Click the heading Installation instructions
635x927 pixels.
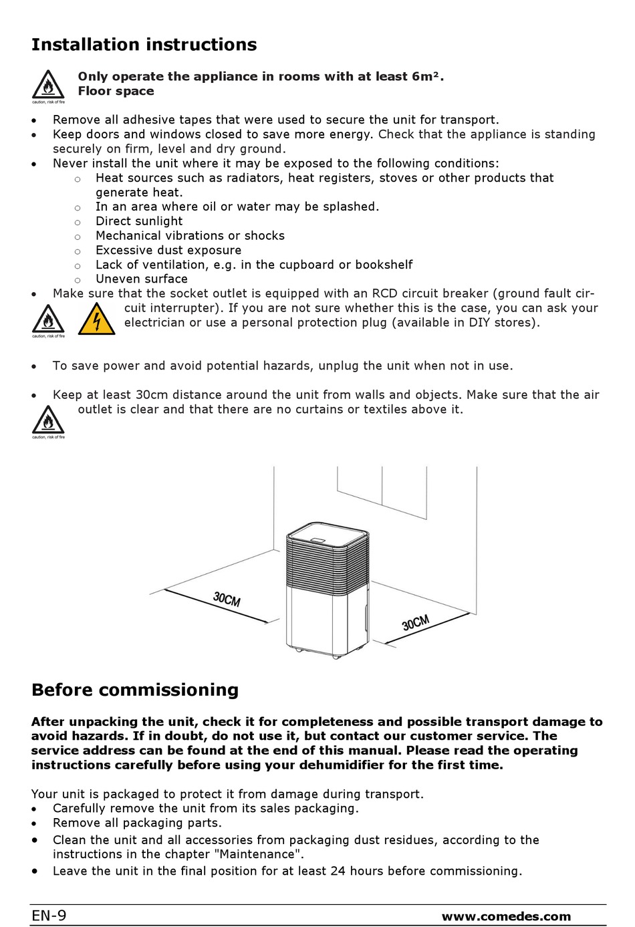[x=144, y=45]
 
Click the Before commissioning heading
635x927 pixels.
[x=134, y=690]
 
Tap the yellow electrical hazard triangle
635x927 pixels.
[x=97, y=319]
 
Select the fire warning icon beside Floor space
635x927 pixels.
[x=48, y=86]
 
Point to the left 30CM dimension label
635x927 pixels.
[x=227, y=598]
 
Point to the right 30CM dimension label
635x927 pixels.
[x=416, y=623]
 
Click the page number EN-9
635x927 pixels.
[x=49, y=916]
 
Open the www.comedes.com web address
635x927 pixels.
[x=506, y=917]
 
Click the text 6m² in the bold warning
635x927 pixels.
[x=425, y=76]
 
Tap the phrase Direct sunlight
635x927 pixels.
[x=139, y=221]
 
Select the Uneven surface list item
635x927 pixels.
[x=142, y=279]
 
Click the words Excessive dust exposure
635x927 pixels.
[x=168, y=250]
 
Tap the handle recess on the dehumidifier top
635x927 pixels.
[x=318, y=541]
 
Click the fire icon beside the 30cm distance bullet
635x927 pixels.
[x=48, y=421]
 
